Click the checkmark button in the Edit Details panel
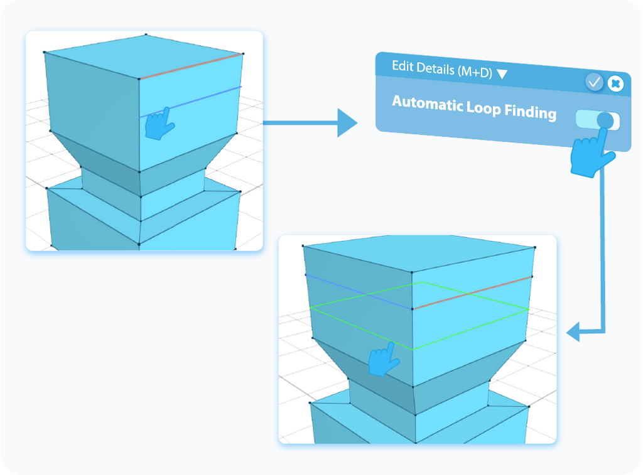594,82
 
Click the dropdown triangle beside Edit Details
502,74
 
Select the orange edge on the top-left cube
191,67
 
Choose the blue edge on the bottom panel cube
358,292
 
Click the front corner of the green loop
413,350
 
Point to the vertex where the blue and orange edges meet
412,309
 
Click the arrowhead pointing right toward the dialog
346,122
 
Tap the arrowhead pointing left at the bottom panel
574,333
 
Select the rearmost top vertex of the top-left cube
146,35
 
